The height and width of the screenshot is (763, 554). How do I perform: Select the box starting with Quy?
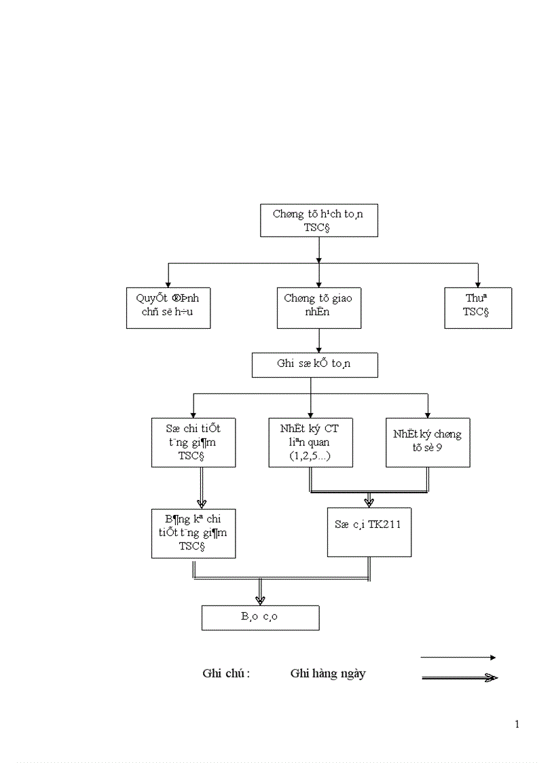tap(168, 308)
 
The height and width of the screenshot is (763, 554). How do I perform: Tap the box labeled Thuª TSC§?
tap(478, 308)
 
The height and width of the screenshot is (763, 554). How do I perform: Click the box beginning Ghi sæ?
tap(314, 364)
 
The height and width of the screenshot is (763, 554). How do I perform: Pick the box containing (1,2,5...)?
tap(311, 442)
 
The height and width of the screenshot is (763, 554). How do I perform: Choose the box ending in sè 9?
tap(428, 442)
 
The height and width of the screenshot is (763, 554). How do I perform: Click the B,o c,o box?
tap(260, 618)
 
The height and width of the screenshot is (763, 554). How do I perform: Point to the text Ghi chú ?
tap(226, 674)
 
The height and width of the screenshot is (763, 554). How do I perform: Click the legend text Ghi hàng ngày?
tap(327, 674)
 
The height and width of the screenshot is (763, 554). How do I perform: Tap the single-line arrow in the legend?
tap(458, 657)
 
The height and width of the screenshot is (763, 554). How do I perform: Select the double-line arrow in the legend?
tap(460, 677)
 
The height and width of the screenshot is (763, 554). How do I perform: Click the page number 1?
tap(517, 724)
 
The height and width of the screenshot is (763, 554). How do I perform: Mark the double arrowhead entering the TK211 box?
tap(369, 502)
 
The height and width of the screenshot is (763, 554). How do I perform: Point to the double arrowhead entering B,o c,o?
tap(260, 599)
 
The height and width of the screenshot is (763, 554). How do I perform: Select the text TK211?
tap(387, 525)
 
